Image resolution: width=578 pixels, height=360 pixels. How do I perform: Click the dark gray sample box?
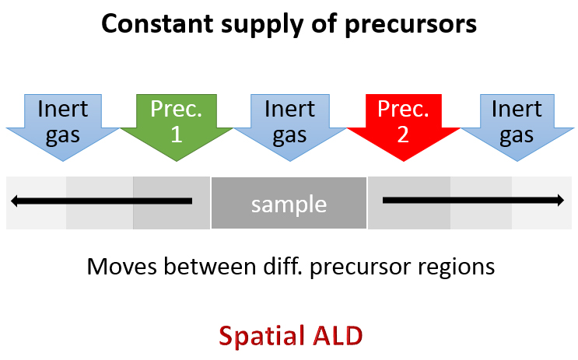click(289, 203)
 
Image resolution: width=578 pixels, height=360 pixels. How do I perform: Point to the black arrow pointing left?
click(101, 201)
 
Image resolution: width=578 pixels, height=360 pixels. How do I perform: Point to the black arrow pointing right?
click(473, 201)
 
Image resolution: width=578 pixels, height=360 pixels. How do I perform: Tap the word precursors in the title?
click(411, 26)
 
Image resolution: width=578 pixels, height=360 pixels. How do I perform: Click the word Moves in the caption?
click(121, 267)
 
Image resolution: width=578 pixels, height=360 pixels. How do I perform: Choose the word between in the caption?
click(210, 267)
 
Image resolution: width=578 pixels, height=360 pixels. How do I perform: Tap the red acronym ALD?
click(338, 336)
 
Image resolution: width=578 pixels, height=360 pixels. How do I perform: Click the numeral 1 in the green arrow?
click(177, 135)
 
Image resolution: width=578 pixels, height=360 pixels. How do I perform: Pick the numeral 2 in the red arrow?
click(403, 135)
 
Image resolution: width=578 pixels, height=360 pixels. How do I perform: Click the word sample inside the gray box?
click(289, 204)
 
